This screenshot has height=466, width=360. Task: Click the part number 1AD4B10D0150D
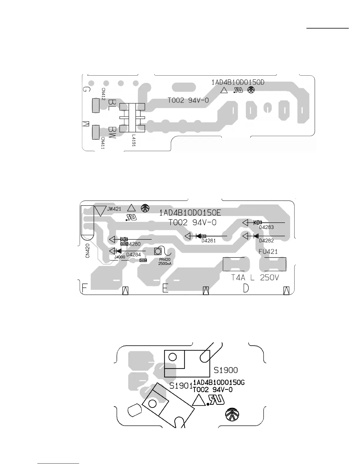coord(238,82)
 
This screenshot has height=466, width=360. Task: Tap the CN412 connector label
coord(103,94)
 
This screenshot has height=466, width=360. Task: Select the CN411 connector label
coord(103,143)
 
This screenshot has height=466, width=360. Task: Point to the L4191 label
coord(134,141)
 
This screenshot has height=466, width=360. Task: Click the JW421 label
coord(114,209)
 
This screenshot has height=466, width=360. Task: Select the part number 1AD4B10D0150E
coord(190,213)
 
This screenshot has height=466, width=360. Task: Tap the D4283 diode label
coord(266,227)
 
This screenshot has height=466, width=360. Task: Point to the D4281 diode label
coord(209,241)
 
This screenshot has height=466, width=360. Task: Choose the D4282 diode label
coord(266,241)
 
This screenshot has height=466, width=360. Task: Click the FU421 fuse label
coord(268,252)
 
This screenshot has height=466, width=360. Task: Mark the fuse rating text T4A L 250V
coord(255,278)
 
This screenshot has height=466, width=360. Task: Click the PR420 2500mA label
coord(165,262)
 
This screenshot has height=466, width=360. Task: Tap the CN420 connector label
coord(88,252)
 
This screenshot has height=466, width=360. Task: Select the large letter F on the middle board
coord(85,288)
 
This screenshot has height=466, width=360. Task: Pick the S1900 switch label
coord(226,370)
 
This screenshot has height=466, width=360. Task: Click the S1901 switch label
coord(181,386)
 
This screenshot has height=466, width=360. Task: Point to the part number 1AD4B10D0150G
coord(219,382)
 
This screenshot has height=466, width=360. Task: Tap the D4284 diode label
coord(134,254)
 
